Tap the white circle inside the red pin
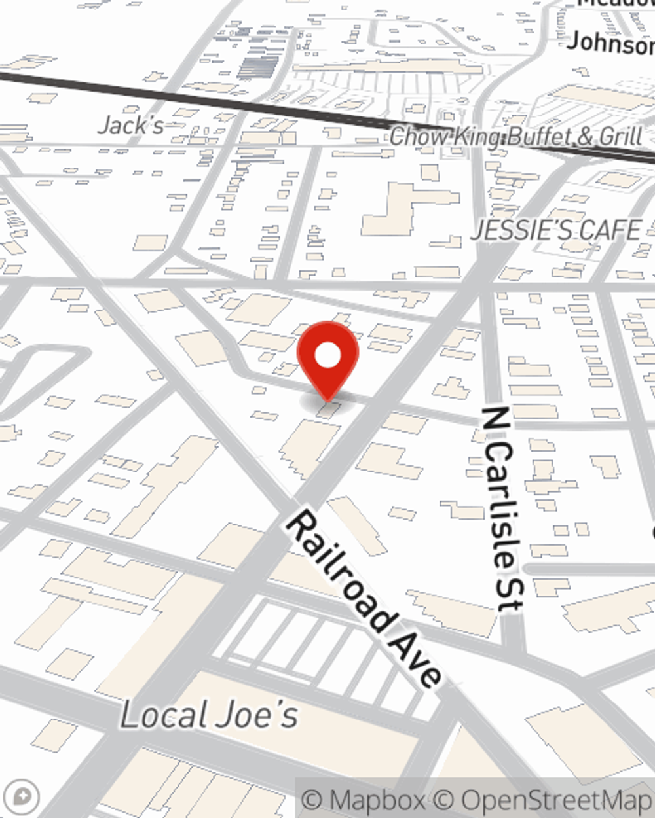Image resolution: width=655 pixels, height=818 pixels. [x=327, y=357]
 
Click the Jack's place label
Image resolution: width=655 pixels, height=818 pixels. [x=130, y=125]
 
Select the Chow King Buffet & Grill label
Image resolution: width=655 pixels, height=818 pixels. [x=515, y=137]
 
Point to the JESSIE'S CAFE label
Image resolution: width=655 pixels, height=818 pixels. [x=556, y=230]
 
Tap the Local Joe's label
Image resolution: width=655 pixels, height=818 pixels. [x=209, y=715]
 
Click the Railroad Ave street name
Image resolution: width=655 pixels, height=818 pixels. [x=364, y=599]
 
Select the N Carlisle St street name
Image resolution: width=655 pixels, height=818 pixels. [x=503, y=509]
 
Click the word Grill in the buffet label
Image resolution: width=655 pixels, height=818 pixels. [x=620, y=137]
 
